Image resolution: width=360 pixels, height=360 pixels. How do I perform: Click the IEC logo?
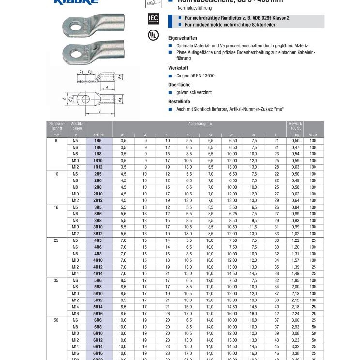(x=152, y=19)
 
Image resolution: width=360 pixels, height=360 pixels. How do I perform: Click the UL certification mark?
(x=152, y=35)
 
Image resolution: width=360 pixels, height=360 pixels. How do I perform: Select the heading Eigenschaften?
(x=182, y=37)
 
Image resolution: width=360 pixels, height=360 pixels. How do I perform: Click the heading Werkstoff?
(x=178, y=68)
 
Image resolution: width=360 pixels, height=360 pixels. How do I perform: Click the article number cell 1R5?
(x=98, y=140)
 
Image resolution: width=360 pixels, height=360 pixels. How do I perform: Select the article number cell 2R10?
(x=98, y=194)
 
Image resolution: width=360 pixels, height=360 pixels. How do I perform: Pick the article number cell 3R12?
(x=98, y=234)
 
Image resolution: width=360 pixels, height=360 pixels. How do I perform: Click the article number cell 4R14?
(x=98, y=273)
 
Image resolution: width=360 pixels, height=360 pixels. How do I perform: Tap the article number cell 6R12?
(x=98, y=340)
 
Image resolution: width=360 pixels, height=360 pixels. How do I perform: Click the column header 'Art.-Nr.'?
(x=99, y=135)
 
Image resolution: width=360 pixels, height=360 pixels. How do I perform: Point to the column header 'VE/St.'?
(x=313, y=135)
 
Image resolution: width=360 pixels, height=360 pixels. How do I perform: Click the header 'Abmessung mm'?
(x=200, y=124)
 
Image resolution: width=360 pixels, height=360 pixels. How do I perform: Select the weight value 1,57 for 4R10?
(x=295, y=260)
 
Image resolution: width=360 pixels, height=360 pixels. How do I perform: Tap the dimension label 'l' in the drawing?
(x=99, y=111)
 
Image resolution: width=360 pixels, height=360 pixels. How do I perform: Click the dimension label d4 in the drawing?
(x=120, y=100)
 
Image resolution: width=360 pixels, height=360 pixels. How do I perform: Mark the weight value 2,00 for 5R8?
(x=295, y=287)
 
